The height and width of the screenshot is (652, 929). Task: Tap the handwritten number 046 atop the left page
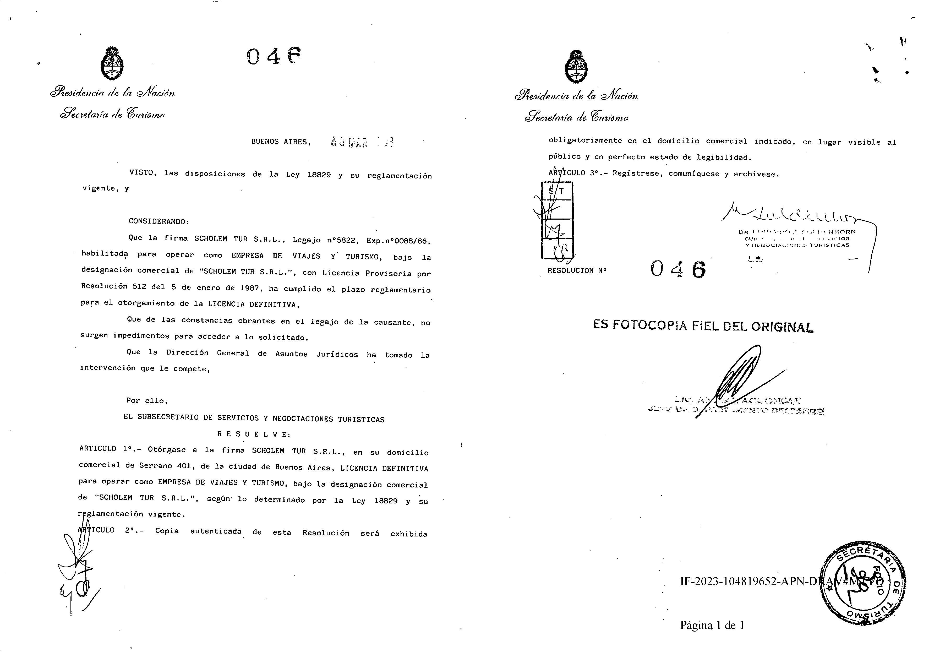click(274, 56)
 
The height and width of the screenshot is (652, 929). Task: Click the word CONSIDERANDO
click(159, 222)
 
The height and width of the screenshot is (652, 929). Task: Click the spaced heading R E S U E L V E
click(254, 434)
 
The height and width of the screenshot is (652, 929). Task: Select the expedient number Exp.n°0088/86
click(398, 241)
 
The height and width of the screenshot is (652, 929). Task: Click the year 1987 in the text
click(250, 288)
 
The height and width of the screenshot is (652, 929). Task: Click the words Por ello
click(146, 401)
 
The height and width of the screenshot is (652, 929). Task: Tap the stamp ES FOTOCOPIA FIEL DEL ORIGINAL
click(703, 326)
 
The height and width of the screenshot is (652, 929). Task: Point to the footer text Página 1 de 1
click(712, 625)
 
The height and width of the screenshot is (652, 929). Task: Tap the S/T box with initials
click(557, 221)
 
